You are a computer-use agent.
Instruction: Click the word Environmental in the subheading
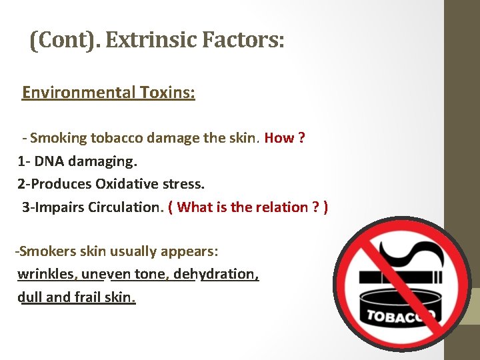point(78,92)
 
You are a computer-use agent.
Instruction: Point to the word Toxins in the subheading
point(167,92)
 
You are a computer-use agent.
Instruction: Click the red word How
point(279,139)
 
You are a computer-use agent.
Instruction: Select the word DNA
point(50,161)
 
